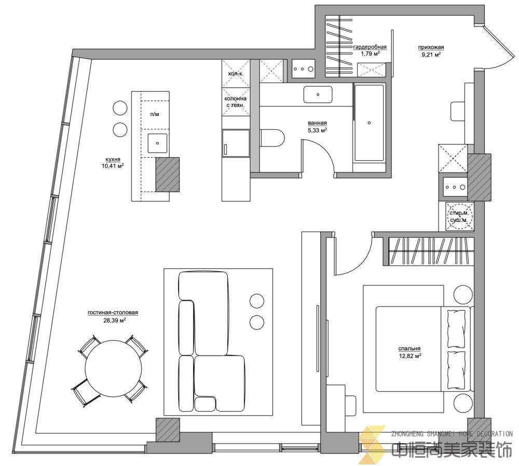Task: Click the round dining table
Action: coord(114,368)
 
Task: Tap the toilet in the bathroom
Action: coord(272,138)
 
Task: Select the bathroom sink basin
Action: coord(318,94)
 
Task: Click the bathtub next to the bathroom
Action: coord(370,123)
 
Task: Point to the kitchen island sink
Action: coord(158,143)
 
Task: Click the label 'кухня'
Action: coord(113,159)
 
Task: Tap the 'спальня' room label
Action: coord(409,349)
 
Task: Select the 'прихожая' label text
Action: coord(431,47)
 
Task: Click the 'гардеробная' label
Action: coord(370,47)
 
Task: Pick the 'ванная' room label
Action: coord(318,123)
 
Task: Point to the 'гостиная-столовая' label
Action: coord(113,312)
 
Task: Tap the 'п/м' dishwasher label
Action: coord(155,114)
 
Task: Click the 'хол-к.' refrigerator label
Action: coord(236,74)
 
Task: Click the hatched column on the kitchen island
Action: coord(168,174)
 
